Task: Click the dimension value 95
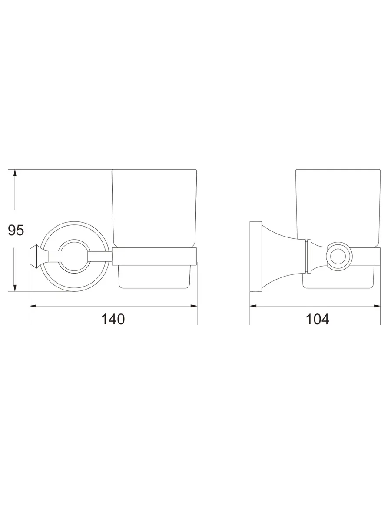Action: [16, 230]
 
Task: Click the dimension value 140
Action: [113, 319]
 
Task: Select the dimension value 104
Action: [318, 319]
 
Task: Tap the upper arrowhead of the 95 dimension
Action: [15, 173]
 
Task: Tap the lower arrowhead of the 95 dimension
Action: [15, 288]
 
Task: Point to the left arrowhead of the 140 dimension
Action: [33, 306]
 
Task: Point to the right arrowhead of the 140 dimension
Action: [194, 306]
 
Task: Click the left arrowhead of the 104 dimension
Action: [253, 306]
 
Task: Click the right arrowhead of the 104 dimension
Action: [377, 306]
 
